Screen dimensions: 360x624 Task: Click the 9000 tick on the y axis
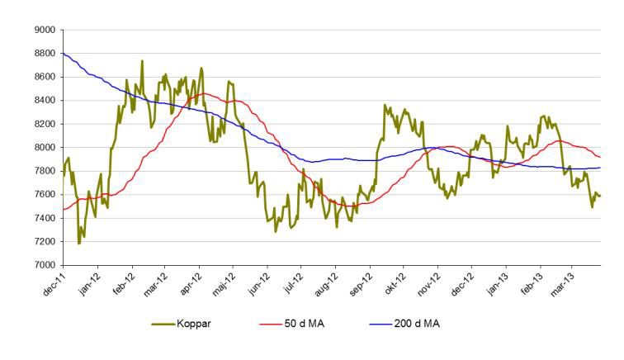coord(43,30)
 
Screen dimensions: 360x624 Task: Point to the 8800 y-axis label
coord(43,54)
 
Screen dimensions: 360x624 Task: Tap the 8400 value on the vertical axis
coord(43,101)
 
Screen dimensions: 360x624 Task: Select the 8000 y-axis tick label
coord(43,148)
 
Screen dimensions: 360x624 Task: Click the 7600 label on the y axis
coord(43,195)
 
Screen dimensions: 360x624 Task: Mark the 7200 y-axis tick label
coord(43,242)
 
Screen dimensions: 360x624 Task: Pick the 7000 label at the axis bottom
coord(43,266)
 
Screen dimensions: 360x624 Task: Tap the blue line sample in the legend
coord(378,324)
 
